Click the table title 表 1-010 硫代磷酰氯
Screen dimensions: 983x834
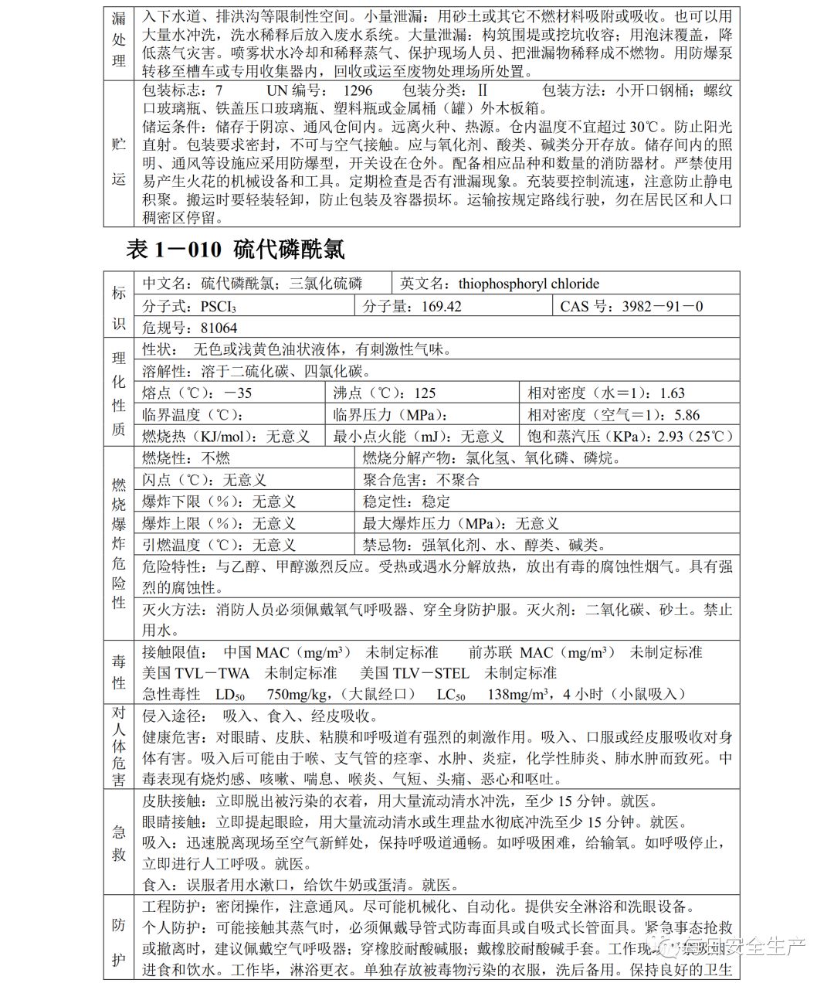click(x=235, y=250)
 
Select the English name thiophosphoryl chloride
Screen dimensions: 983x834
click(x=528, y=284)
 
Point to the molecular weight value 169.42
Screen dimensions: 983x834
click(x=441, y=306)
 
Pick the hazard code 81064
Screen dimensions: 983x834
click(x=219, y=328)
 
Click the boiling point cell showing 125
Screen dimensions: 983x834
click(x=425, y=393)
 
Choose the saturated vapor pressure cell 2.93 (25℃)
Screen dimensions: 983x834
click(x=695, y=437)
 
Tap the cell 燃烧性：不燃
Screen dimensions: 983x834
click(x=186, y=458)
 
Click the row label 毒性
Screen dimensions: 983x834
click(x=119, y=672)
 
